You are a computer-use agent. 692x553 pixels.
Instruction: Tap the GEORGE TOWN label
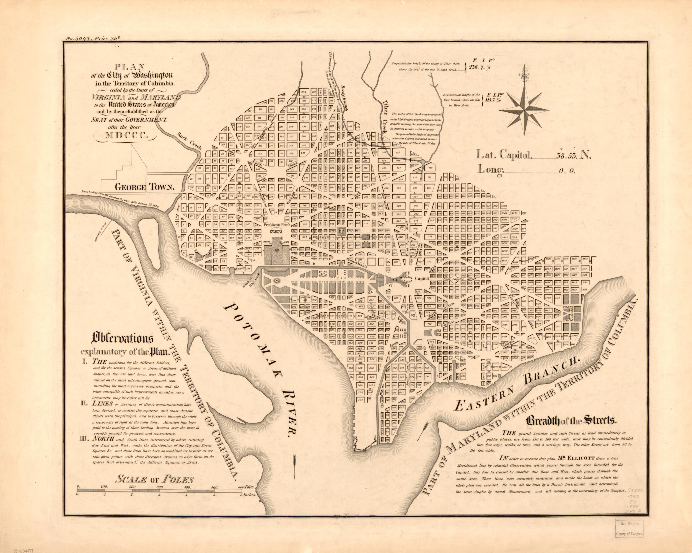144,187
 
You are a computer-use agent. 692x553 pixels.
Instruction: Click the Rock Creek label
189,141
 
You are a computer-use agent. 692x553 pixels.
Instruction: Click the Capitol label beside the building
422,279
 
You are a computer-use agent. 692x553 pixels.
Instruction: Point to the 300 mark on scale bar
160,487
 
